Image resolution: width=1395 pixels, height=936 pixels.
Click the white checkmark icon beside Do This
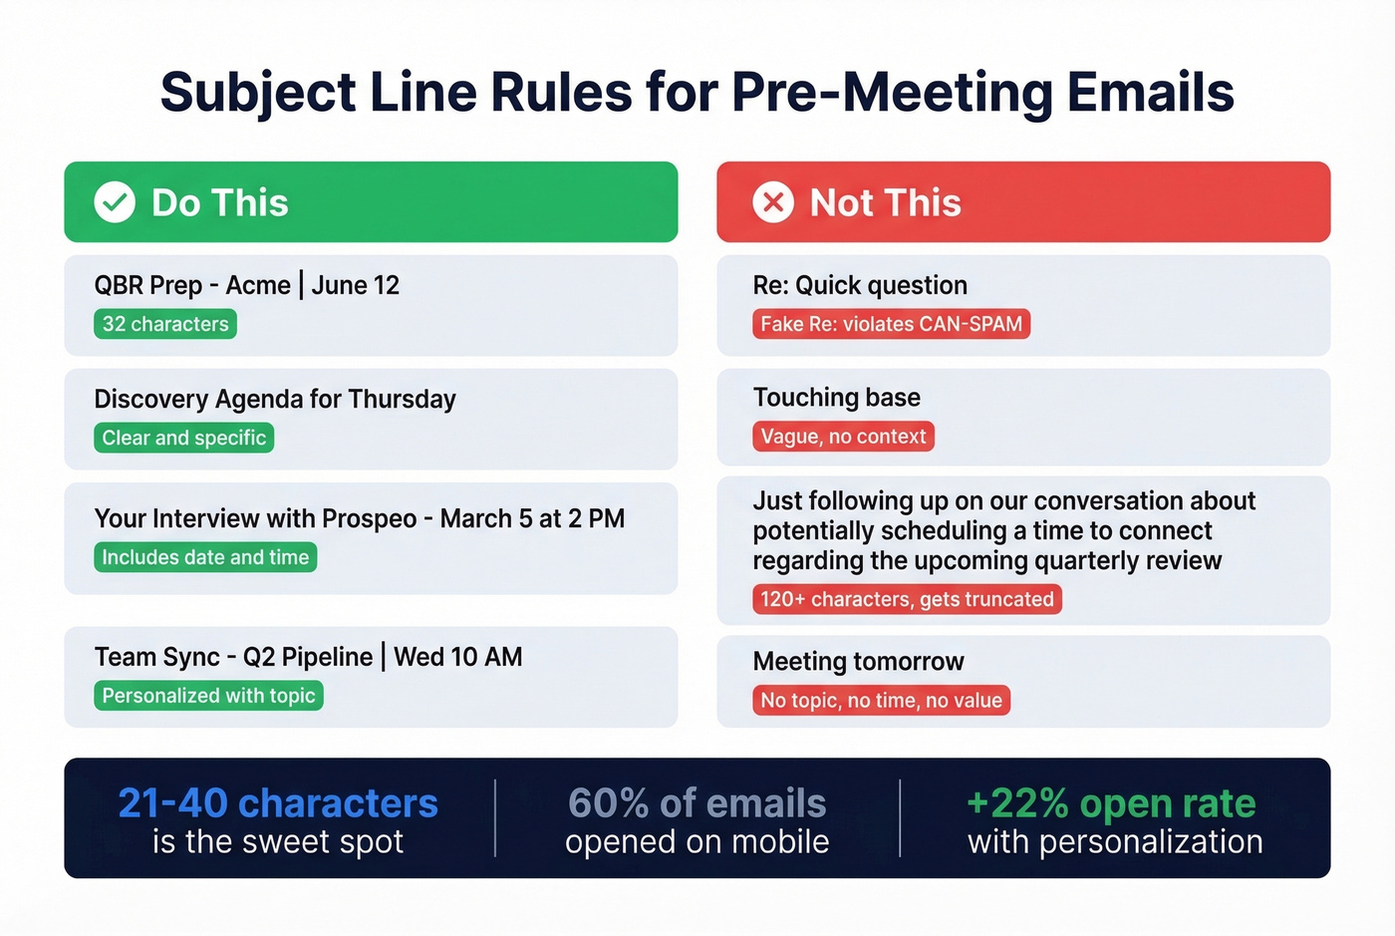(115, 202)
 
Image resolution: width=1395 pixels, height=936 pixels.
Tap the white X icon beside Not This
(773, 202)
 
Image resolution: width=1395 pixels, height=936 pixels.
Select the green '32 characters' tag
(165, 324)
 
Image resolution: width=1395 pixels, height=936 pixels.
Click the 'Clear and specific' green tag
(183, 438)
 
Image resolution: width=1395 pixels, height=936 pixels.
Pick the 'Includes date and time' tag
(205, 557)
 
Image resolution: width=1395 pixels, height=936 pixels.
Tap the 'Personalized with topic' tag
(208, 696)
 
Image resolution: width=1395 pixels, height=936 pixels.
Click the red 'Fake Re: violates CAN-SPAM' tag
(891, 324)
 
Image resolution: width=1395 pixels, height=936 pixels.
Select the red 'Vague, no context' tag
(843, 437)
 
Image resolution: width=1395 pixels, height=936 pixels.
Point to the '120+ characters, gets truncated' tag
(907, 599)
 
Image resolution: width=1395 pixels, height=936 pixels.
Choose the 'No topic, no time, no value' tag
(881, 701)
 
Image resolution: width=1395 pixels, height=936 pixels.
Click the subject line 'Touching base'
(836, 398)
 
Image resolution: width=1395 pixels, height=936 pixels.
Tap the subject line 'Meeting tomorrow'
(858, 662)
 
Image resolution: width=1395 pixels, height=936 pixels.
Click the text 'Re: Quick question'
(860, 285)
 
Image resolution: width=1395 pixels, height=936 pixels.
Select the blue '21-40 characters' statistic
(278, 802)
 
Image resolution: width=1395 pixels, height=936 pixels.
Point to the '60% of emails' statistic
(697, 802)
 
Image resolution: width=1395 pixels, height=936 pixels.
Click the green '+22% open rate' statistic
(1111, 802)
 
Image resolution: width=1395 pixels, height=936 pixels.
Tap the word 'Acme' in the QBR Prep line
(258, 285)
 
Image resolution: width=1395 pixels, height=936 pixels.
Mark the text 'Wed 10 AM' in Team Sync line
(457, 657)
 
